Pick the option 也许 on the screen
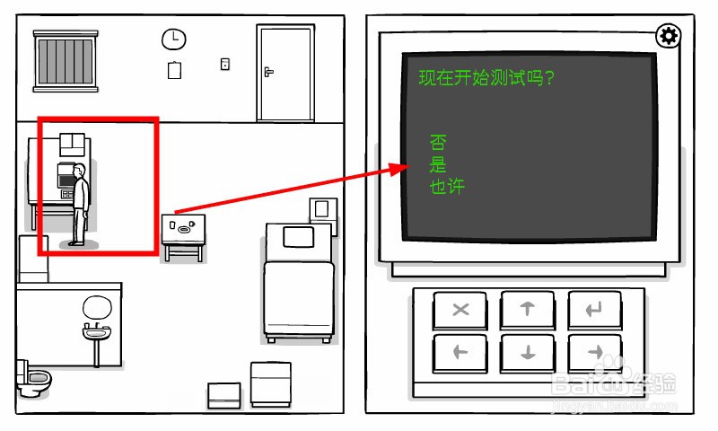tap(447, 186)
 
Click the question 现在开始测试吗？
tap(486, 78)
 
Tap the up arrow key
tap(528, 310)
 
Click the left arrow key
tap(461, 352)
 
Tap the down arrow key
tap(528, 352)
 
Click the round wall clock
tap(173, 39)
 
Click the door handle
tap(267, 71)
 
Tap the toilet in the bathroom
tap(33, 379)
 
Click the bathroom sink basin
tap(96, 333)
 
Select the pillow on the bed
tap(297, 237)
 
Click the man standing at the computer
tap(81, 203)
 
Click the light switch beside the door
tap(225, 64)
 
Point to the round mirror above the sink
tap(96, 308)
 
